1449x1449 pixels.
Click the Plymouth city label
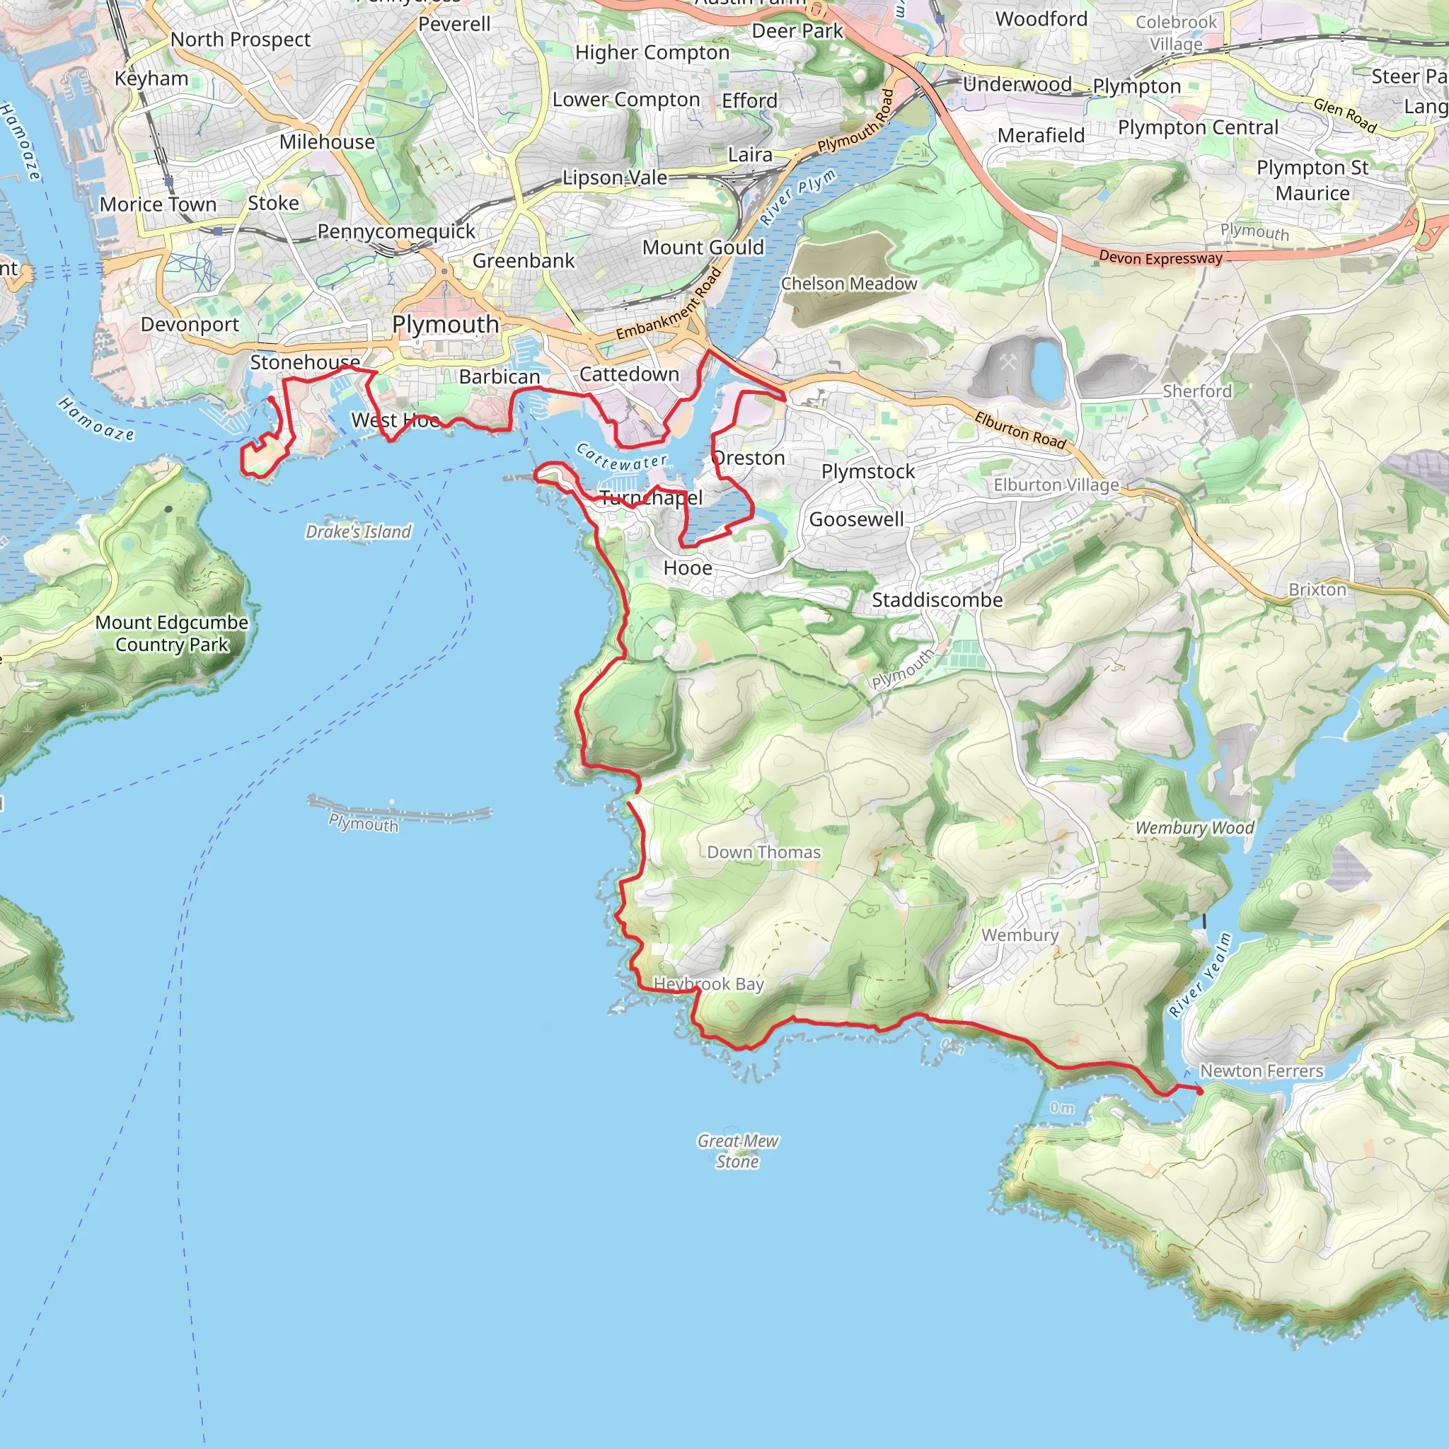[446, 325]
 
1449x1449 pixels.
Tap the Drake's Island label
[358, 532]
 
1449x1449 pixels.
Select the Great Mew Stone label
[737, 1150]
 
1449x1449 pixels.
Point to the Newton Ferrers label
[1262, 1071]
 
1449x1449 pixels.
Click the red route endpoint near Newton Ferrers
[1200, 1091]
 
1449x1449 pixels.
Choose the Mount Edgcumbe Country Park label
[172, 633]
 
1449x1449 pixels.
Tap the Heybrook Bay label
[709, 983]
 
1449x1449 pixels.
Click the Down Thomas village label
[763, 852]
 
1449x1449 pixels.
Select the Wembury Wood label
[1194, 828]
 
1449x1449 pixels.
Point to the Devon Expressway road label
[1160, 258]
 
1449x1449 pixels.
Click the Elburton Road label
[1020, 430]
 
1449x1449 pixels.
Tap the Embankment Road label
[669, 304]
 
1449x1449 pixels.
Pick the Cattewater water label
[621, 457]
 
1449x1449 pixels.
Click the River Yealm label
[1201, 975]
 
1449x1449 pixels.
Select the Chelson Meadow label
[849, 284]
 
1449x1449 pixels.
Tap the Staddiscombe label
[937, 600]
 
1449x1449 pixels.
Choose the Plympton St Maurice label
[1312, 180]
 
